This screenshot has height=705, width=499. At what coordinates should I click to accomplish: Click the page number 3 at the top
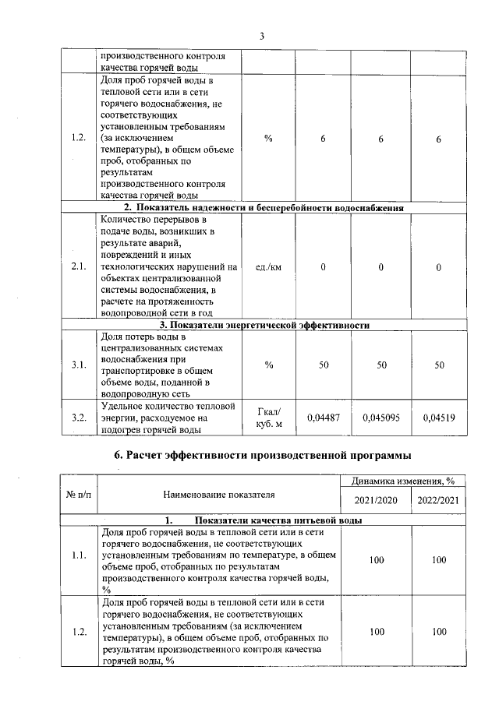262,36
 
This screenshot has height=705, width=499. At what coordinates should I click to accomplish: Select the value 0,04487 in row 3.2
323,418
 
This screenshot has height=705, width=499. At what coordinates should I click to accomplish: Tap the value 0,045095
380,418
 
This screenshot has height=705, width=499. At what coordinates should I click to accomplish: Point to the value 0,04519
438,418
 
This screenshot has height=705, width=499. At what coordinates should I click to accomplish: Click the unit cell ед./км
268,267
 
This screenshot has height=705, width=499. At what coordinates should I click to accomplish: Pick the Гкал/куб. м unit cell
268,418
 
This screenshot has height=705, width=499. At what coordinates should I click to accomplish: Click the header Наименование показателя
219,493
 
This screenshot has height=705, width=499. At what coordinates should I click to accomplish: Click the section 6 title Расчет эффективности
262,454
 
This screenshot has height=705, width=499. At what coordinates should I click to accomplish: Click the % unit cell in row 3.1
268,365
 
